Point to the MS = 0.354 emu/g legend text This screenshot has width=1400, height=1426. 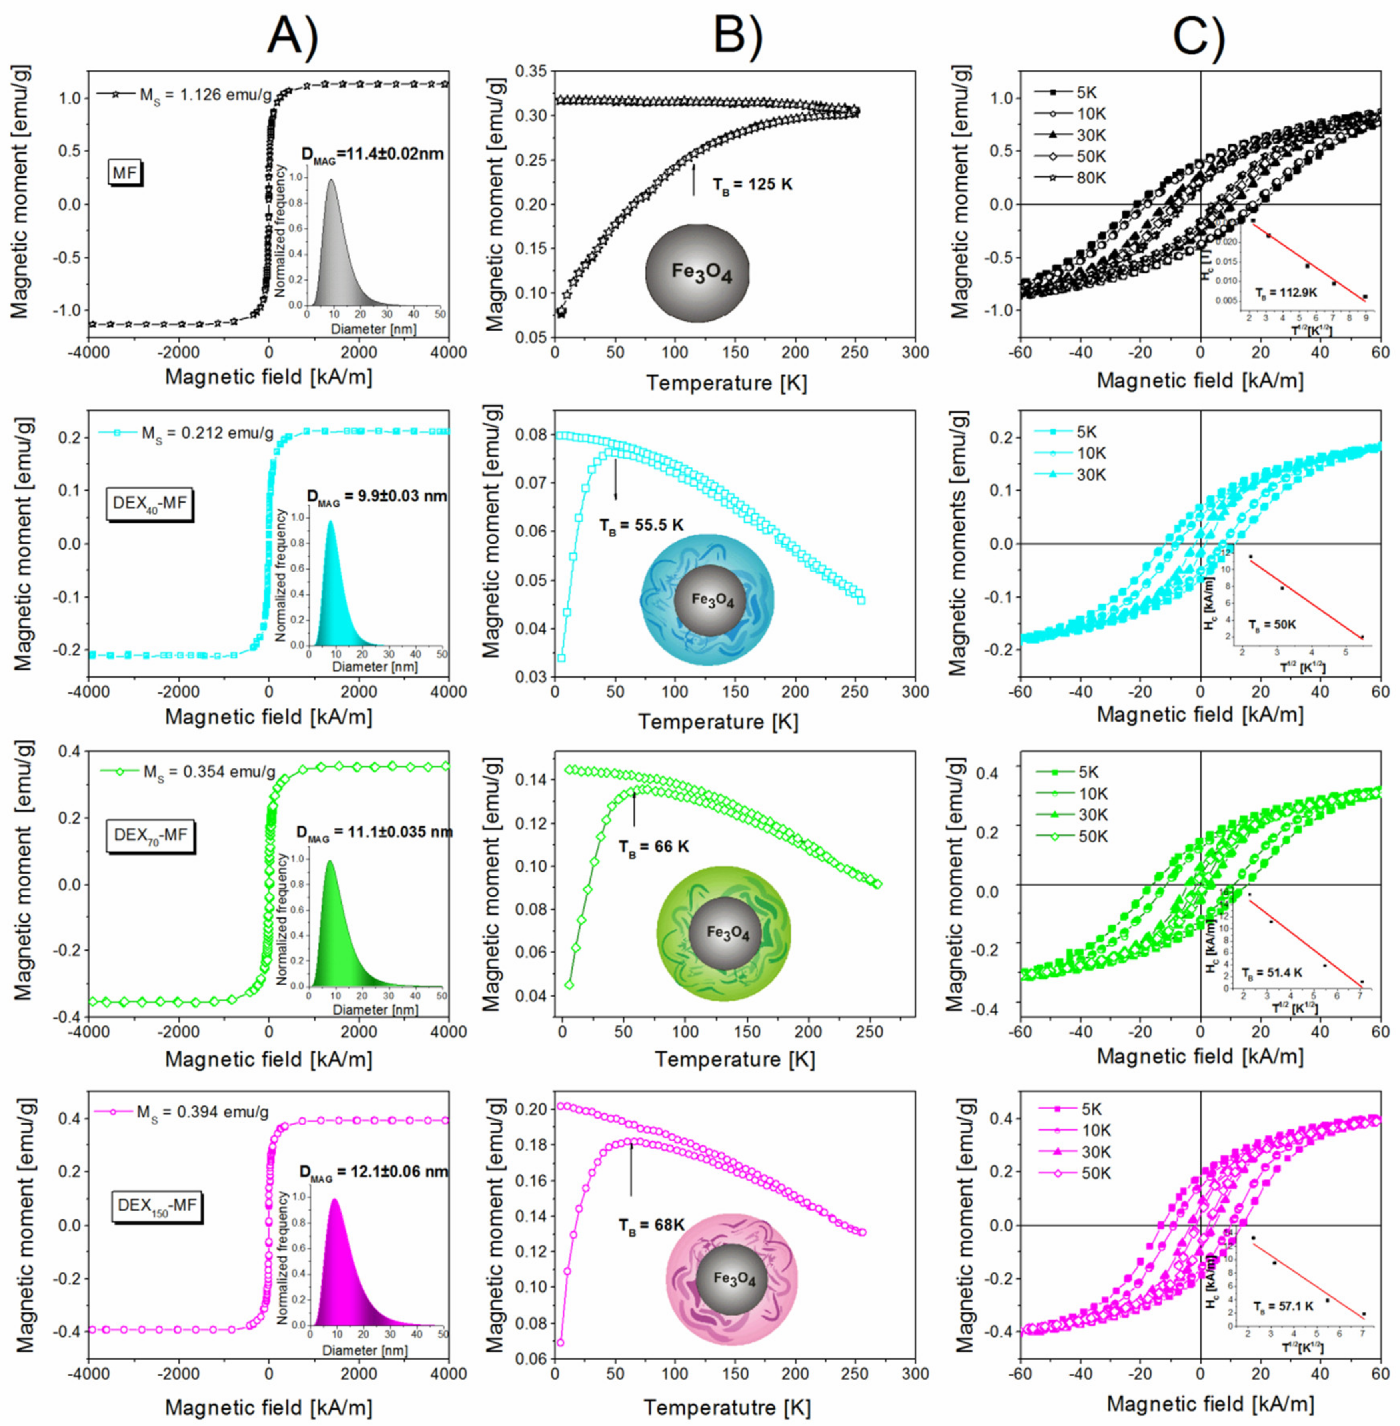210,772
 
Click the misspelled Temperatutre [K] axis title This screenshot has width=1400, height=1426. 727,1407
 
